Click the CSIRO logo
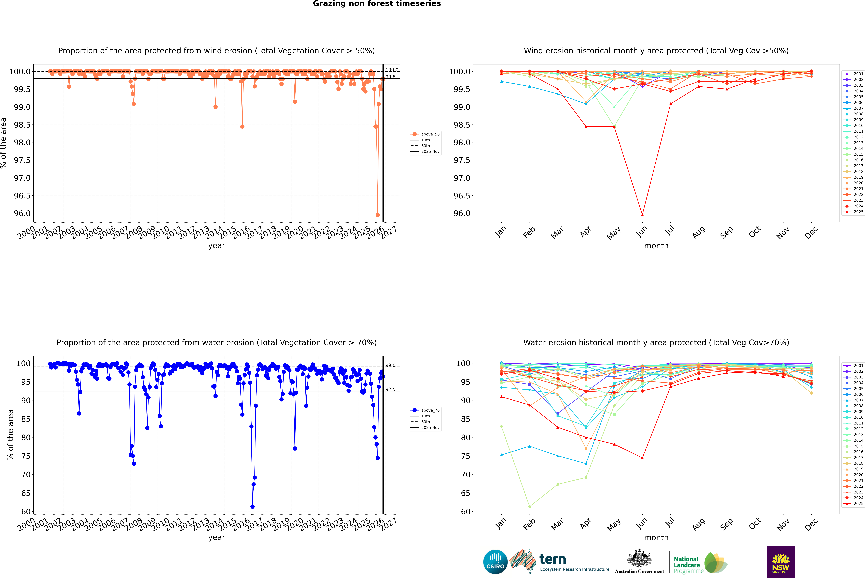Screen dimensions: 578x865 tap(495, 562)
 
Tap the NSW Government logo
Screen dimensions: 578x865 tap(781, 562)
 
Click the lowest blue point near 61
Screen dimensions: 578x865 tap(252, 506)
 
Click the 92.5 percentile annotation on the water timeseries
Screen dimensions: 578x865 tap(390, 389)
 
